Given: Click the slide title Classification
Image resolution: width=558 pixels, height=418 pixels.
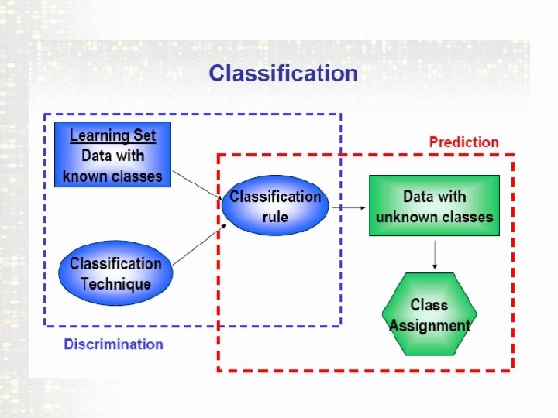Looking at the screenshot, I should coord(284,74).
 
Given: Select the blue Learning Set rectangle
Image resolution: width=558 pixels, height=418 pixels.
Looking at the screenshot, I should coord(112,156).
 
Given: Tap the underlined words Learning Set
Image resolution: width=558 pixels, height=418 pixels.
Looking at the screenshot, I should coord(113,135).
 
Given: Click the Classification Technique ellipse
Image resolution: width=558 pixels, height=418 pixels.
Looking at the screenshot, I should coord(115,273).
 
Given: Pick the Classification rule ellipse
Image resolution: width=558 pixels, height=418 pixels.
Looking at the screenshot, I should coord(275,206).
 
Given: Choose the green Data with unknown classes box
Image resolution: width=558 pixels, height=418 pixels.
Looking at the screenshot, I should coord(434,206).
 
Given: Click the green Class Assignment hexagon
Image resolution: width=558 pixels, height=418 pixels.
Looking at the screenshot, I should coord(429,314).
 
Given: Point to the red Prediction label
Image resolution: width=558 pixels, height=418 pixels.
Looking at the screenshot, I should coord(464,142).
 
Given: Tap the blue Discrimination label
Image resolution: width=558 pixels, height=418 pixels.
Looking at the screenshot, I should coord(113,344).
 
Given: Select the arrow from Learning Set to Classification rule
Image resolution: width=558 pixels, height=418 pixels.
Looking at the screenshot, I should coord(197,185).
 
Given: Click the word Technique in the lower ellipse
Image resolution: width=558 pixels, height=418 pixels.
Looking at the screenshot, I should coord(115,284).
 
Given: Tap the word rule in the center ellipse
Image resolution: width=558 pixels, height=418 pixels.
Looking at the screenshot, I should coord(275,217).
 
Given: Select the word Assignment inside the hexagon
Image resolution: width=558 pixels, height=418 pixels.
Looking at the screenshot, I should coord(429,325).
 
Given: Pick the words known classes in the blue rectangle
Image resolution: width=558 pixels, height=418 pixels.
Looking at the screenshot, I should coord(113,176).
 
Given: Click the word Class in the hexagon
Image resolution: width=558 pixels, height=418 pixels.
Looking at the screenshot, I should coord(429,304).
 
